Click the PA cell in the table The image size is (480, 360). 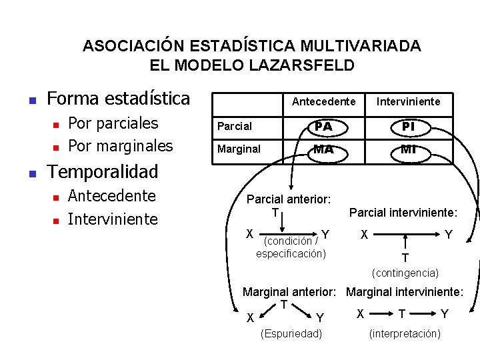[x=323, y=125]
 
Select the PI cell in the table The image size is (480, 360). [x=409, y=125]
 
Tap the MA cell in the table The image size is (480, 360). [x=323, y=149]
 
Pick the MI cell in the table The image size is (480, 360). [x=409, y=149]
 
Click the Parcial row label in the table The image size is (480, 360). [x=235, y=126]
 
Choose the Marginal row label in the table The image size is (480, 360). [x=239, y=149]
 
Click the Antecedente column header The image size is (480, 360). [x=323, y=101]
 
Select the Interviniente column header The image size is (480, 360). [x=409, y=101]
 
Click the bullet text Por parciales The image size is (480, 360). [x=113, y=123]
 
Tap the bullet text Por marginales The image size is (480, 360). [x=121, y=145]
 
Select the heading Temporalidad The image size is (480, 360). [x=103, y=171]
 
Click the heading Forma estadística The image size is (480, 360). [x=119, y=99]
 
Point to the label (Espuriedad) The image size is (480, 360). [x=291, y=333]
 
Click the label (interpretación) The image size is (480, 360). [x=405, y=333]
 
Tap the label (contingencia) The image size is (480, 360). [x=405, y=273]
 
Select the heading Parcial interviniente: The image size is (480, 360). [x=403, y=213]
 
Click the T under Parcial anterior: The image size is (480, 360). [x=275, y=212]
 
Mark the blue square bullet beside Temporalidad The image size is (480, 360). [x=31, y=173]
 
